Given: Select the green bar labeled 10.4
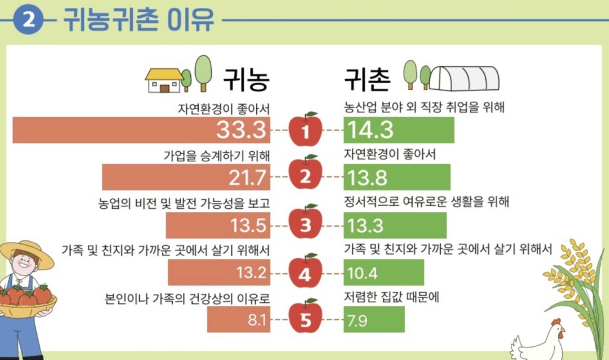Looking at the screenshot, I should [x=384, y=273].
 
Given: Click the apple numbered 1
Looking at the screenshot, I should [x=306, y=129].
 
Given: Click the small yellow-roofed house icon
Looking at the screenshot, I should [x=165, y=80].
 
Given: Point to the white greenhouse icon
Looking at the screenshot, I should [x=464, y=78].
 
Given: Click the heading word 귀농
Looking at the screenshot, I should [x=246, y=77].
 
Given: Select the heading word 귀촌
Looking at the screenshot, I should [x=367, y=77].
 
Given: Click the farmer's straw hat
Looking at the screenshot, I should [x=27, y=250].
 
